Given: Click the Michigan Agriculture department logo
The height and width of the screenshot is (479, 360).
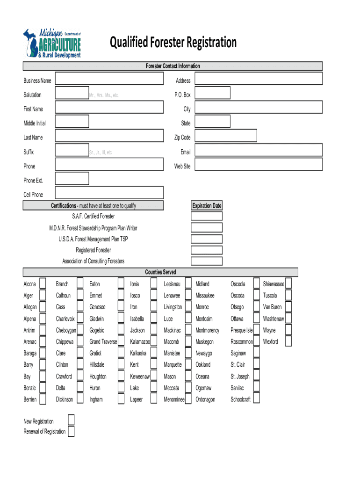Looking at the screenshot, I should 52,44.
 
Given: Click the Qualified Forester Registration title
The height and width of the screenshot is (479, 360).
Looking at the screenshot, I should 173,43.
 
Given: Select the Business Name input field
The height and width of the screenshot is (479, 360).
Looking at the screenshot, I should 109,79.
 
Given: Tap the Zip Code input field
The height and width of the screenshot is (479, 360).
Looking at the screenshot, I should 226,136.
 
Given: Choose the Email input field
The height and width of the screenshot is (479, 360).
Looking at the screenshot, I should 259,150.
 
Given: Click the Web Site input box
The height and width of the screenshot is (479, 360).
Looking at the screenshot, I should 259,164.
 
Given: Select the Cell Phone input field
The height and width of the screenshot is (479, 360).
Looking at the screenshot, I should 109,193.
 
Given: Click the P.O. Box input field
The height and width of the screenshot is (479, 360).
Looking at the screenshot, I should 212,93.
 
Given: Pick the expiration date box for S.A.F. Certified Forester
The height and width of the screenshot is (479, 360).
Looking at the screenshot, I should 207,216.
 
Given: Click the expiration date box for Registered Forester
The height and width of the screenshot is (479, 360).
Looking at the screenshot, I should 207,250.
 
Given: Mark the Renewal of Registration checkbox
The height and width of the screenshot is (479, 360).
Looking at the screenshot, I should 71,431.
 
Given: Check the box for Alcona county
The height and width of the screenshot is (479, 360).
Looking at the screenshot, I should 43,283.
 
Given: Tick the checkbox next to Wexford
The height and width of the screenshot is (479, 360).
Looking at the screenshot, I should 288,341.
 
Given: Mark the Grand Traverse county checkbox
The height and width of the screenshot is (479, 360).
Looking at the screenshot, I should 121,341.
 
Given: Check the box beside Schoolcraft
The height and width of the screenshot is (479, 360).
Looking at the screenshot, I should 256,399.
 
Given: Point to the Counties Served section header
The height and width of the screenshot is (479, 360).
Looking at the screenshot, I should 160,272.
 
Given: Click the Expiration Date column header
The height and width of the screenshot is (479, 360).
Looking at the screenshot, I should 207,206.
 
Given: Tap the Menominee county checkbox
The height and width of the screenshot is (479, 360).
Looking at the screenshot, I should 188,399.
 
